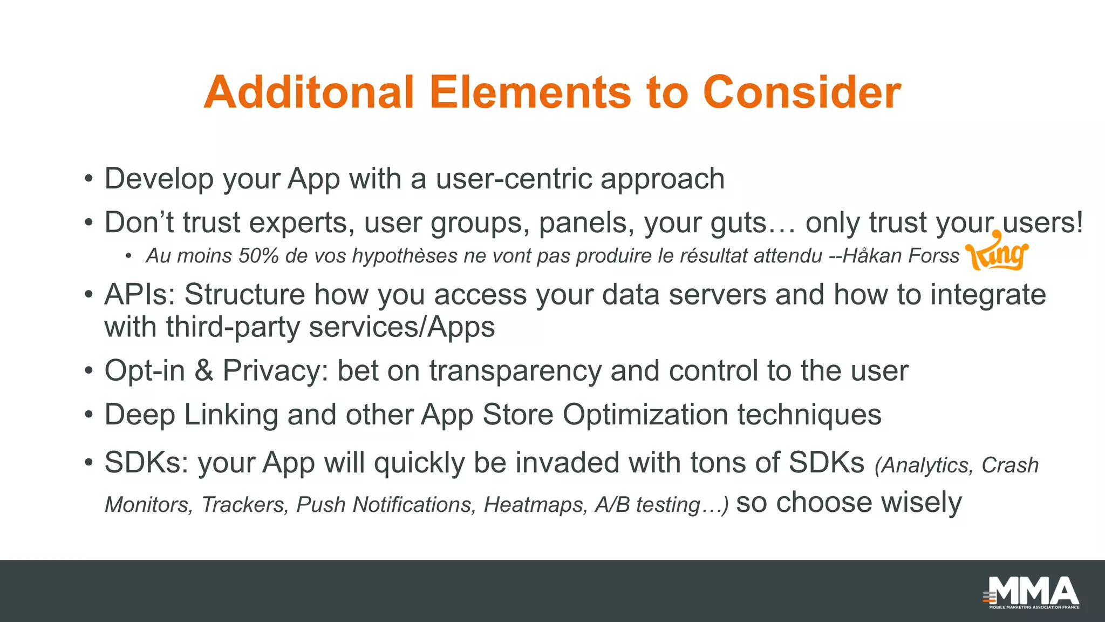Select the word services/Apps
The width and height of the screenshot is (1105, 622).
[401, 327]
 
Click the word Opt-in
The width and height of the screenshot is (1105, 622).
[144, 371]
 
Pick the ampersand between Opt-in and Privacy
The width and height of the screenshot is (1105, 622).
[203, 371]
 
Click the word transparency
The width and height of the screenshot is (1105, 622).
[515, 371]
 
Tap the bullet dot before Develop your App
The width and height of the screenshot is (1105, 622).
[89, 179]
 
